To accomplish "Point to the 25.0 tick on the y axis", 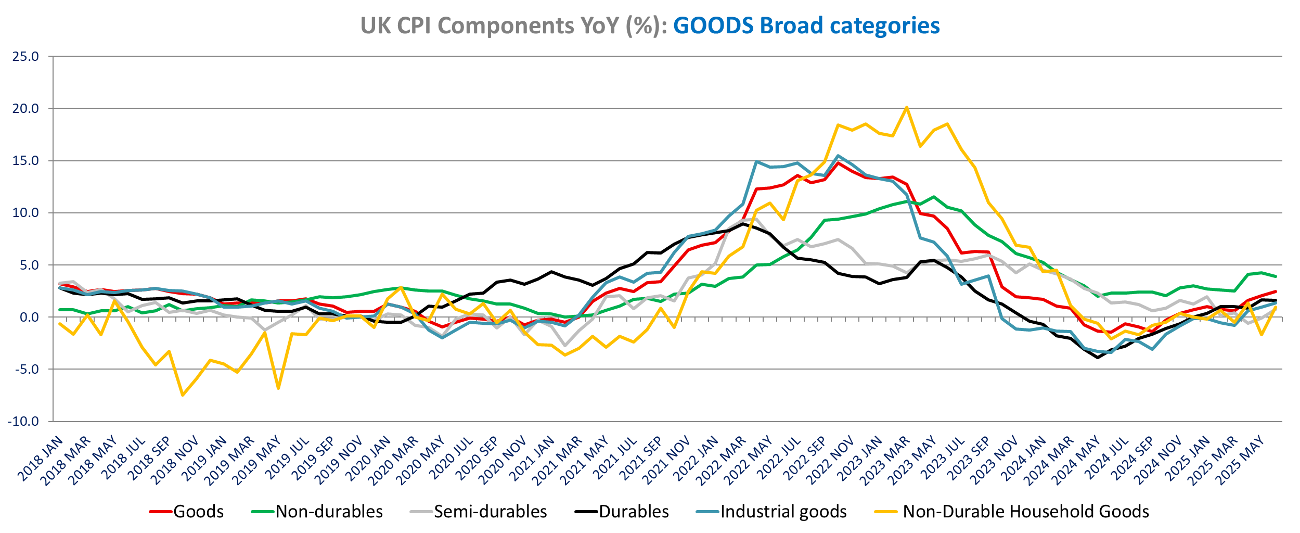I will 26,57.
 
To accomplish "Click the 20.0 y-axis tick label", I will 26,109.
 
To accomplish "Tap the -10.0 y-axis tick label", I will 23,422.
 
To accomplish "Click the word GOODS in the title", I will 713,26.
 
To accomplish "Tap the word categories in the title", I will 884,26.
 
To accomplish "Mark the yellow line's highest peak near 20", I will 907,108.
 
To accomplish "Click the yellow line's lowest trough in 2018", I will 183,395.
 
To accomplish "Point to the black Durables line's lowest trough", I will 1098,358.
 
